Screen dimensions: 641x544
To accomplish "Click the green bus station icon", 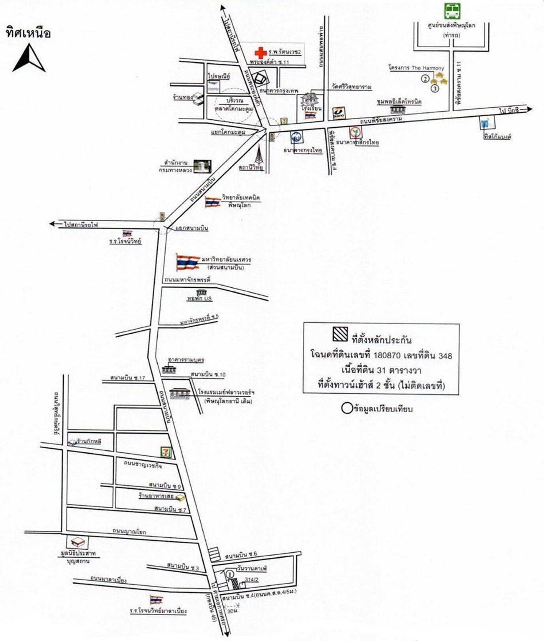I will click(x=451, y=11).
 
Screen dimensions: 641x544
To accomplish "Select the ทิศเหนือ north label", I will click(x=28, y=33).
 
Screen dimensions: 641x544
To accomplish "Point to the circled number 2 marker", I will click(x=425, y=78).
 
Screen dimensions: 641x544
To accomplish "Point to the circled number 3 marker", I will click(x=434, y=88).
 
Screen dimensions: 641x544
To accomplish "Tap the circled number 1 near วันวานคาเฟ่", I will click(x=230, y=574).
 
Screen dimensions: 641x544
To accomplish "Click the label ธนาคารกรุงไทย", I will click(x=303, y=150).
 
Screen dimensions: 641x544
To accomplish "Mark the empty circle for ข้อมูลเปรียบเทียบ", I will click(x=347, y=409).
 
